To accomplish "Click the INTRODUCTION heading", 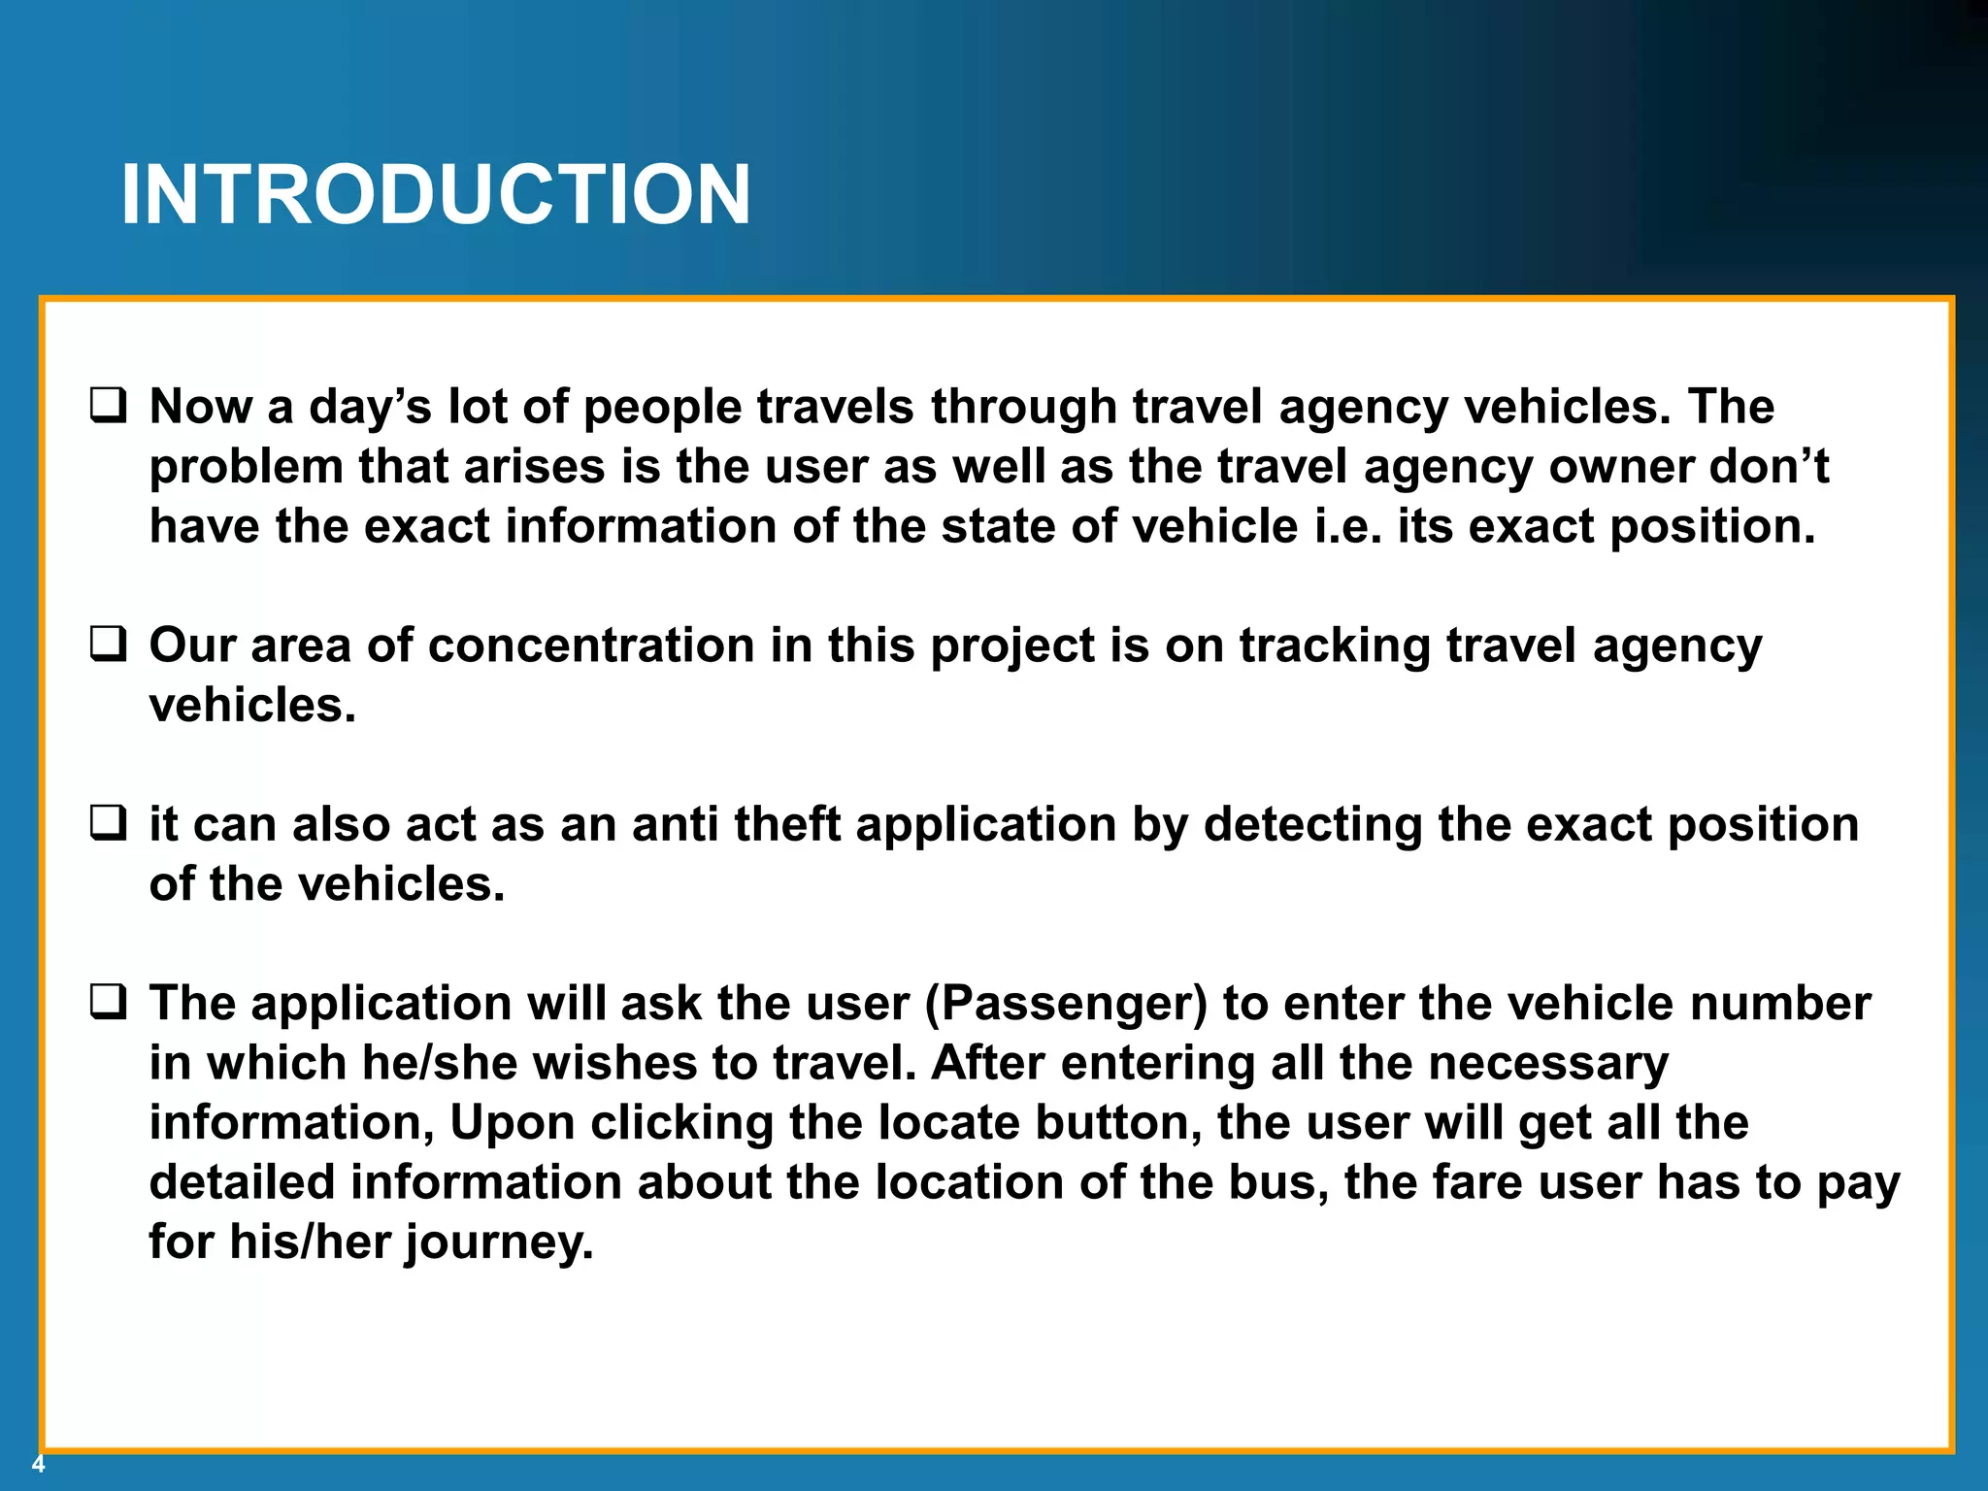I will [x=436, y=195].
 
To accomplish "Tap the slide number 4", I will [x=38, y=1465].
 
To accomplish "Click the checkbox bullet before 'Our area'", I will [x=108, y=644].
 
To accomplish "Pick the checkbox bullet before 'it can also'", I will [x=108, y=823].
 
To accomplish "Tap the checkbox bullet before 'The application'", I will [x=108, y=1002].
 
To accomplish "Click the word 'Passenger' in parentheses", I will [x=1066, y=1004].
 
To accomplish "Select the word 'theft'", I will [x=786, y=824].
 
